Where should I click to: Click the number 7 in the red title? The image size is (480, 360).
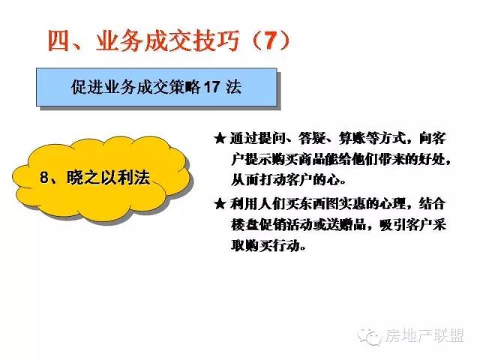pos(271,40)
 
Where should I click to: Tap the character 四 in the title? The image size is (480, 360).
pos(58,40)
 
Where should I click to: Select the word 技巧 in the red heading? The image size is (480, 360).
pos(217,40)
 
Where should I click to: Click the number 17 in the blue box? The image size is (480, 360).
pos(211,87)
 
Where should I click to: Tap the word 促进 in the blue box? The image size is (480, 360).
pos(87,87)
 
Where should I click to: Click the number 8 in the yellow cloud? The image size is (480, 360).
pos(44,177)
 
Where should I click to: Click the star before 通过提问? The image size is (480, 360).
pos(220,139)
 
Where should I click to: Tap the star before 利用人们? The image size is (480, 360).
pos(220,203)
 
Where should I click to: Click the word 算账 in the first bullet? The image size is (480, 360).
pos(352,139)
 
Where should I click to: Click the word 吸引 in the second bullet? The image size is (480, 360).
pos(393,225)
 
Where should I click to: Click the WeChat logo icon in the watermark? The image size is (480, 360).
pos(370,337)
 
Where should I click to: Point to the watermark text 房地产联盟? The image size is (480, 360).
pos(424,336)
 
